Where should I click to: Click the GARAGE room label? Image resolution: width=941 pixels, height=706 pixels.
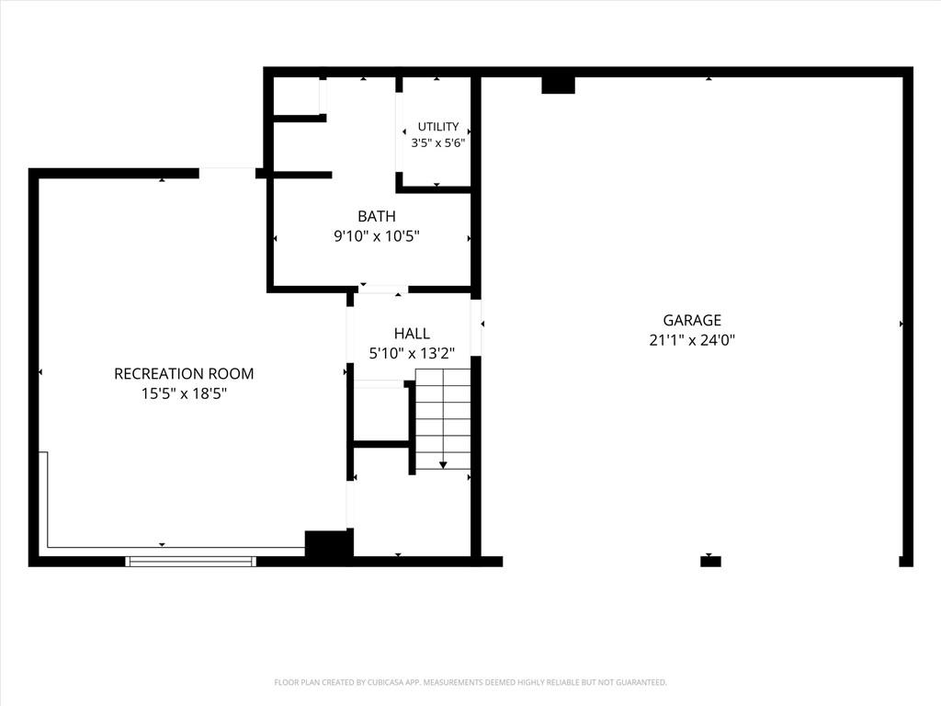(x=692, y=320)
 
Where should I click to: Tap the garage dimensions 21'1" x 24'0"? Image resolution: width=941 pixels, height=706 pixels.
(x=692, y=340)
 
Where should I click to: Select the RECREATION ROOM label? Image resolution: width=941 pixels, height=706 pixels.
(x=184, y=373)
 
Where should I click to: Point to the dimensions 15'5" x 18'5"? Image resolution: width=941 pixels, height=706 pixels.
(x=184, y=393)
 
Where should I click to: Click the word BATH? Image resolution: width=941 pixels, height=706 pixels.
(x=376, y=216)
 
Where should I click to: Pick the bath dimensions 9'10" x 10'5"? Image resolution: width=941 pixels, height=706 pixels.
(x=376, y=236)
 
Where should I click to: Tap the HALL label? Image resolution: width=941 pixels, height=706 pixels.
(x=412, y=333)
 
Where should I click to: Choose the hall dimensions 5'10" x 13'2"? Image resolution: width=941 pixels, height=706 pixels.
(x=412, y=354)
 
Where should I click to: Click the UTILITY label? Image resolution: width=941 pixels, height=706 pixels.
(x=438, y=127)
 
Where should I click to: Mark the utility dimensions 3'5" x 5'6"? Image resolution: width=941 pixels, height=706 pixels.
(x=438, y=142)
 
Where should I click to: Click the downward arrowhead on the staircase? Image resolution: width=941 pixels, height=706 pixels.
(x=443, y=464)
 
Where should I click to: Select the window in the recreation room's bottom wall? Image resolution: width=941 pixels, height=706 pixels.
(x=191, y=562)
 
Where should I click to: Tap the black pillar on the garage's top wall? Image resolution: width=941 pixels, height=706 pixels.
(x=558, y=85)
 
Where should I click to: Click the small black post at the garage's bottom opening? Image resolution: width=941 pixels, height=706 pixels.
(x=710, y=562)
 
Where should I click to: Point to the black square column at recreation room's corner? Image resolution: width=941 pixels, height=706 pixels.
(x=326, y=544)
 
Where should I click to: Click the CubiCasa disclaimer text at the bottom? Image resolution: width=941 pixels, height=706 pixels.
(x=470, y=682)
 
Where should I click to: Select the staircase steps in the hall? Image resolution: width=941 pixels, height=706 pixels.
(x=443, y=419)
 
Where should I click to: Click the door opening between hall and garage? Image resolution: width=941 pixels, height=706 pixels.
(x=475, y=328)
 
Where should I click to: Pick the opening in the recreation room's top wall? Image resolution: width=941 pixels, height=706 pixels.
(x=228, y=173)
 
